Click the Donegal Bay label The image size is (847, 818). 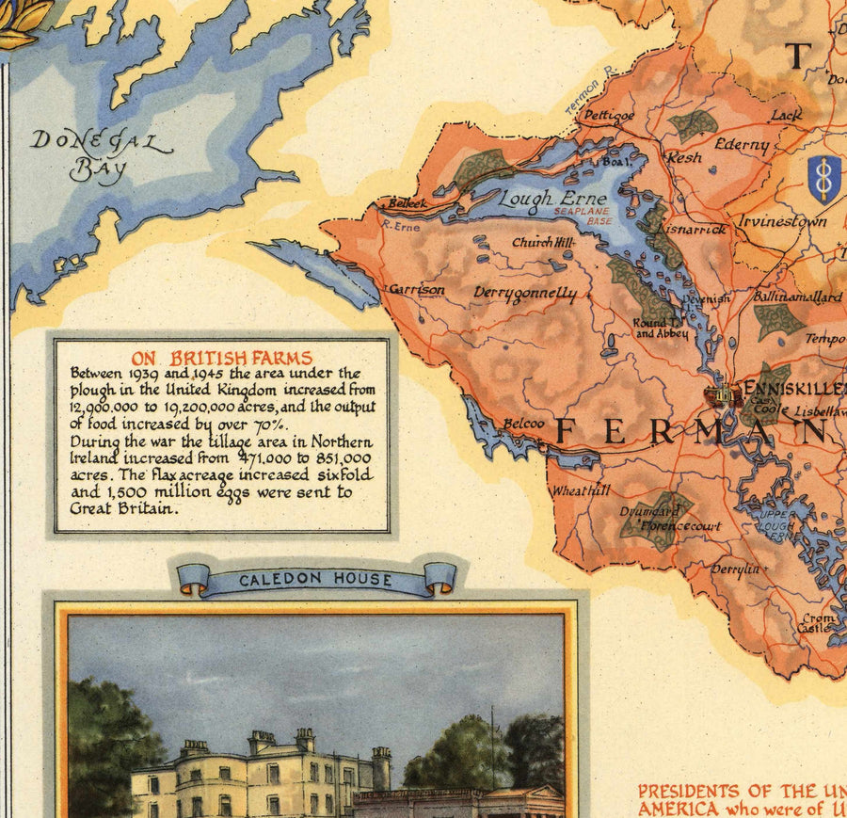(101, 155)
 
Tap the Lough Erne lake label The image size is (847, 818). (540, 199)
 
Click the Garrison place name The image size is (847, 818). (417, 290)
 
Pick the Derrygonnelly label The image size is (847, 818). (525, 294)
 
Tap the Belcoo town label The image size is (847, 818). (522, 424)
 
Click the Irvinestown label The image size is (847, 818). (782, 221)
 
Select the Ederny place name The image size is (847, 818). (742, 145)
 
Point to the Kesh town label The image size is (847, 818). (684, 157)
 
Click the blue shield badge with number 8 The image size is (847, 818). (824, 180)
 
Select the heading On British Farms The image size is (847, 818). (221, 358)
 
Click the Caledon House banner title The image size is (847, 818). (314, 580)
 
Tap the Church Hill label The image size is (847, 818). (542, 242)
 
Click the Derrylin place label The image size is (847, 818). (735, 569)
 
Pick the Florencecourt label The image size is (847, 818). (681, 525)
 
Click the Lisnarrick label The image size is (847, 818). (695, 229)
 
